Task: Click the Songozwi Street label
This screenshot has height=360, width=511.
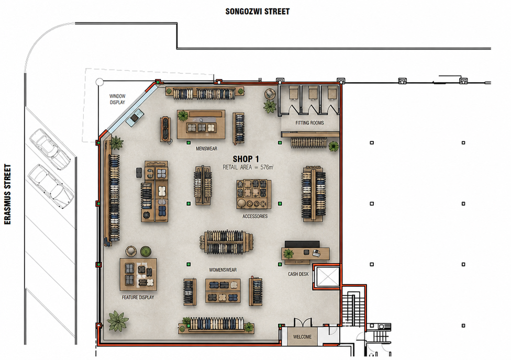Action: click(x=258, y=12)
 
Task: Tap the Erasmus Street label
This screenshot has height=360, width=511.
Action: click(x=7, y=194)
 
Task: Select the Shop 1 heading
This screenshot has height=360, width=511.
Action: click(x=246, y=159)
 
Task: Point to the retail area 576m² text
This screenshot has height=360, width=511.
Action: click(x=248, y=167)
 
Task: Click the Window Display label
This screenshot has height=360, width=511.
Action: click(x=117, y=99)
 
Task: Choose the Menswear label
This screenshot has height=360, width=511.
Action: click(x=206, y=149)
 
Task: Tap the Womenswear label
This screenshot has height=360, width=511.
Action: click(x=223, y=270)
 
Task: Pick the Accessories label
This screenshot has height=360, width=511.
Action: click(x=255, y=216)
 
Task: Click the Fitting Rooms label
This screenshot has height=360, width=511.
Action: click(x=309, y=123)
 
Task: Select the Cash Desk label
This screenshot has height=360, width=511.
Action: click(x=298, y=274)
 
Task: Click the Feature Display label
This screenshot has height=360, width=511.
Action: click(x=138, y=297)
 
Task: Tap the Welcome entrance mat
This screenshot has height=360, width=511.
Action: click(x=302, y=336)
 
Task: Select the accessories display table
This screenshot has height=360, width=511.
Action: click(x=254, y=194)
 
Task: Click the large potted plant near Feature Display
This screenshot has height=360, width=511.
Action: click(x=117, y=321)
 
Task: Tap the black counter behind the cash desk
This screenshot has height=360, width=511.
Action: click(x=302, y=244)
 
